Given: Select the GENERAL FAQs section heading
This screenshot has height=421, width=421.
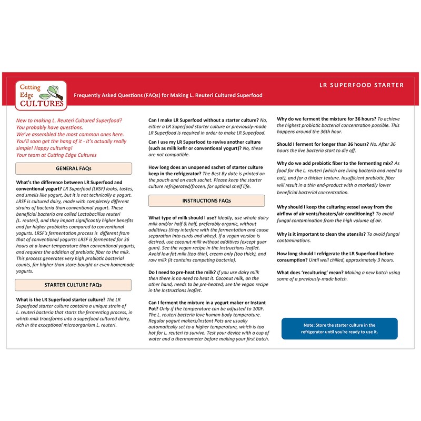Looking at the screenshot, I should coord(74,168).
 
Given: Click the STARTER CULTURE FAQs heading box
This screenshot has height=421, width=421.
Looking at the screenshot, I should coord(74,285).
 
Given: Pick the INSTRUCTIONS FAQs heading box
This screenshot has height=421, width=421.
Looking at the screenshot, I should coord(206,201).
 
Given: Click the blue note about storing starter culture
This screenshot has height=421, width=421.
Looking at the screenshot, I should coord(340,329).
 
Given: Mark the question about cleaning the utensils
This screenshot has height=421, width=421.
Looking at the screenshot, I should coord(320,233).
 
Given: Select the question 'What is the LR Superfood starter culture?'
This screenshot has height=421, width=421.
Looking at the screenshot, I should coord(57,300).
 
